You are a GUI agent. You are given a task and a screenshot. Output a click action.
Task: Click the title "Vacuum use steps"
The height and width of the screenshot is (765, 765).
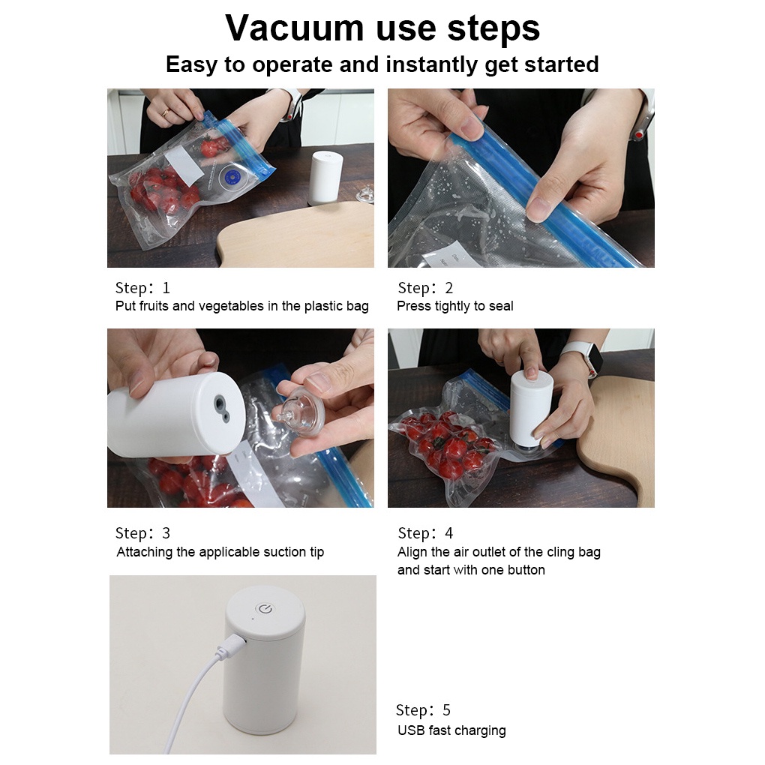pos(382,28)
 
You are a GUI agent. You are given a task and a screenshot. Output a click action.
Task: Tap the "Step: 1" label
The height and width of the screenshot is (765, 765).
pos(142,288)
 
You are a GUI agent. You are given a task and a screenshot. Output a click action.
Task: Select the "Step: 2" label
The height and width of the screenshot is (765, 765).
pos(425,288)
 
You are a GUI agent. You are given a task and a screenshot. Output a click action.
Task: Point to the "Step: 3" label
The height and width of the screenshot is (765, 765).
pos(142,533)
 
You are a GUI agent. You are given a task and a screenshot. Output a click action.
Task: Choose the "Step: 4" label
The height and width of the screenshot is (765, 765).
pos(425,533)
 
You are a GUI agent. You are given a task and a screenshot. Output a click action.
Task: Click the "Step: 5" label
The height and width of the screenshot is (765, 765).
pos(423,710)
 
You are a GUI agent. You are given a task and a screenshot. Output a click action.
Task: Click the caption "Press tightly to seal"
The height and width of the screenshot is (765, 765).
pos(454,306)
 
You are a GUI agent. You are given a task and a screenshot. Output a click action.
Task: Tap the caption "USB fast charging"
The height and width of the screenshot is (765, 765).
pos(451,730)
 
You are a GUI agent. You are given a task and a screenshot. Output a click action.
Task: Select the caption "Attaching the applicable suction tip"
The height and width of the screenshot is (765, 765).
pos(220,552)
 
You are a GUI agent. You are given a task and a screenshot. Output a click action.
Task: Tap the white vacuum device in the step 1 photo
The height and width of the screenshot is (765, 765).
pos(325,177)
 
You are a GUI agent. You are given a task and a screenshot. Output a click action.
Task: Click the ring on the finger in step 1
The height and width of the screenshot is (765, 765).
pos(166,113)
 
